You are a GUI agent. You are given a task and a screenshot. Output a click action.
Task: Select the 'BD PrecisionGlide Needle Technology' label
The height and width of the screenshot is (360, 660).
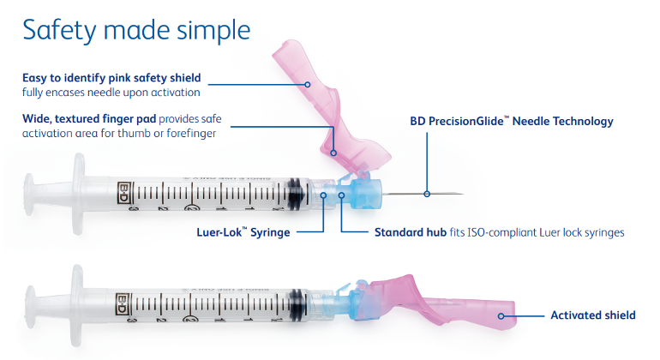(x=512, y=121)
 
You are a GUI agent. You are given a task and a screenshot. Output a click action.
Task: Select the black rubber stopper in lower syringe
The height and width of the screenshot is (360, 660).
(x=297, y=305)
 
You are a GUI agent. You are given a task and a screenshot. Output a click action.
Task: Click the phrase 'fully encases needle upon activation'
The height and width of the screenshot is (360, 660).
(x=111, y=92)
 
